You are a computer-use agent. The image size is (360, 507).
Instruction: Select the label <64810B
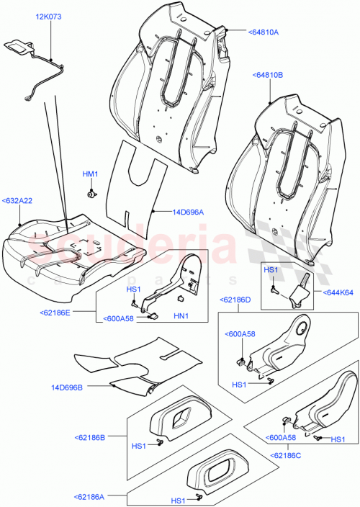[268, 74]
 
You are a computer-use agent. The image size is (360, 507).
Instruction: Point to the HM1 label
[89, 174]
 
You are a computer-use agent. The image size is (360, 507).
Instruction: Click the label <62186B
[89, 437]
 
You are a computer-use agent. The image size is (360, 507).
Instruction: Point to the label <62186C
[287, 455]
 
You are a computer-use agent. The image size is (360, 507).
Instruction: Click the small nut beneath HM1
[91, 193]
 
